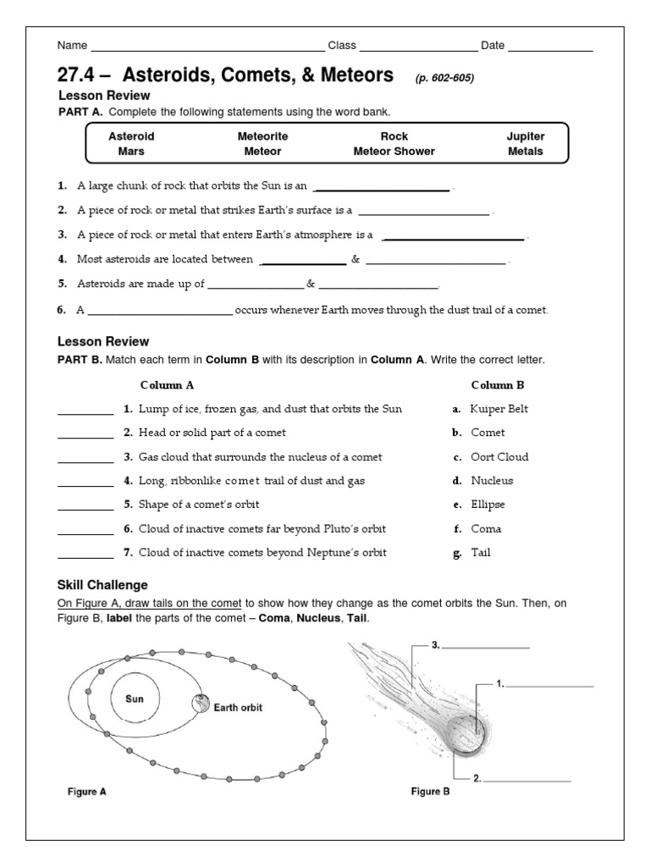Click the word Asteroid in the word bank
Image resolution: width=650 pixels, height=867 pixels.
[131, 135]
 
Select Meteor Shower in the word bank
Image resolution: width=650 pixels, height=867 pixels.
[394, 152]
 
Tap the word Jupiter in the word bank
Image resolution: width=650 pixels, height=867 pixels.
[526, 135]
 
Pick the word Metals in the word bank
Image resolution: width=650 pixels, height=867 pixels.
[526, 152]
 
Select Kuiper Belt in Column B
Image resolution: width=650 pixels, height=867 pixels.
[499, 409]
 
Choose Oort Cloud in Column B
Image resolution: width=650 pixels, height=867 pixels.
[499, 457]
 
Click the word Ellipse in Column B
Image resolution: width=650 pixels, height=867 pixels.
[487, 505]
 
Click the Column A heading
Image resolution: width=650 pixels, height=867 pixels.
[167, 384]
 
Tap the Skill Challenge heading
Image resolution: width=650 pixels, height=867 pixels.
[102, 585]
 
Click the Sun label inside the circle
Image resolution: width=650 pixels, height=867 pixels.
[135, 699]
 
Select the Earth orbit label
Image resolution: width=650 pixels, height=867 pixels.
[238, 708]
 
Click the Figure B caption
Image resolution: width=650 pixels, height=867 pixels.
[430, 792]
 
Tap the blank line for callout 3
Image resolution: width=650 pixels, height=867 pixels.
[486, 647]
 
